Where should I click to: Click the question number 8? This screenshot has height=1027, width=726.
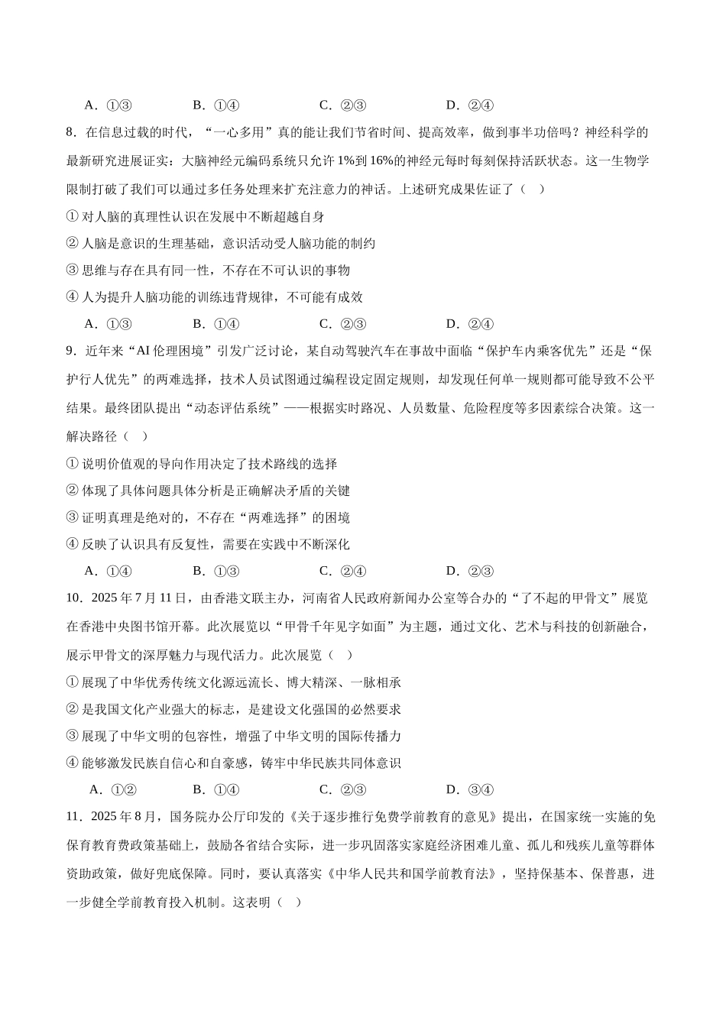[x=71, y=133]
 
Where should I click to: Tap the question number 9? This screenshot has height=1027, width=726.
[x=71, y=352]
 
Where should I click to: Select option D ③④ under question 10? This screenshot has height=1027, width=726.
[x=470, y=790]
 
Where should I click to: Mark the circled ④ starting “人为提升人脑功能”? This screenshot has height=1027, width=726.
[x=73, y=297]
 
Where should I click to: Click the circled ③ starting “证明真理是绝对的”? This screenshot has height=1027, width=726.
[x=73, y=518]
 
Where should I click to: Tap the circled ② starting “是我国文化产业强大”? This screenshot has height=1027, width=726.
[x=73, y=709]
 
